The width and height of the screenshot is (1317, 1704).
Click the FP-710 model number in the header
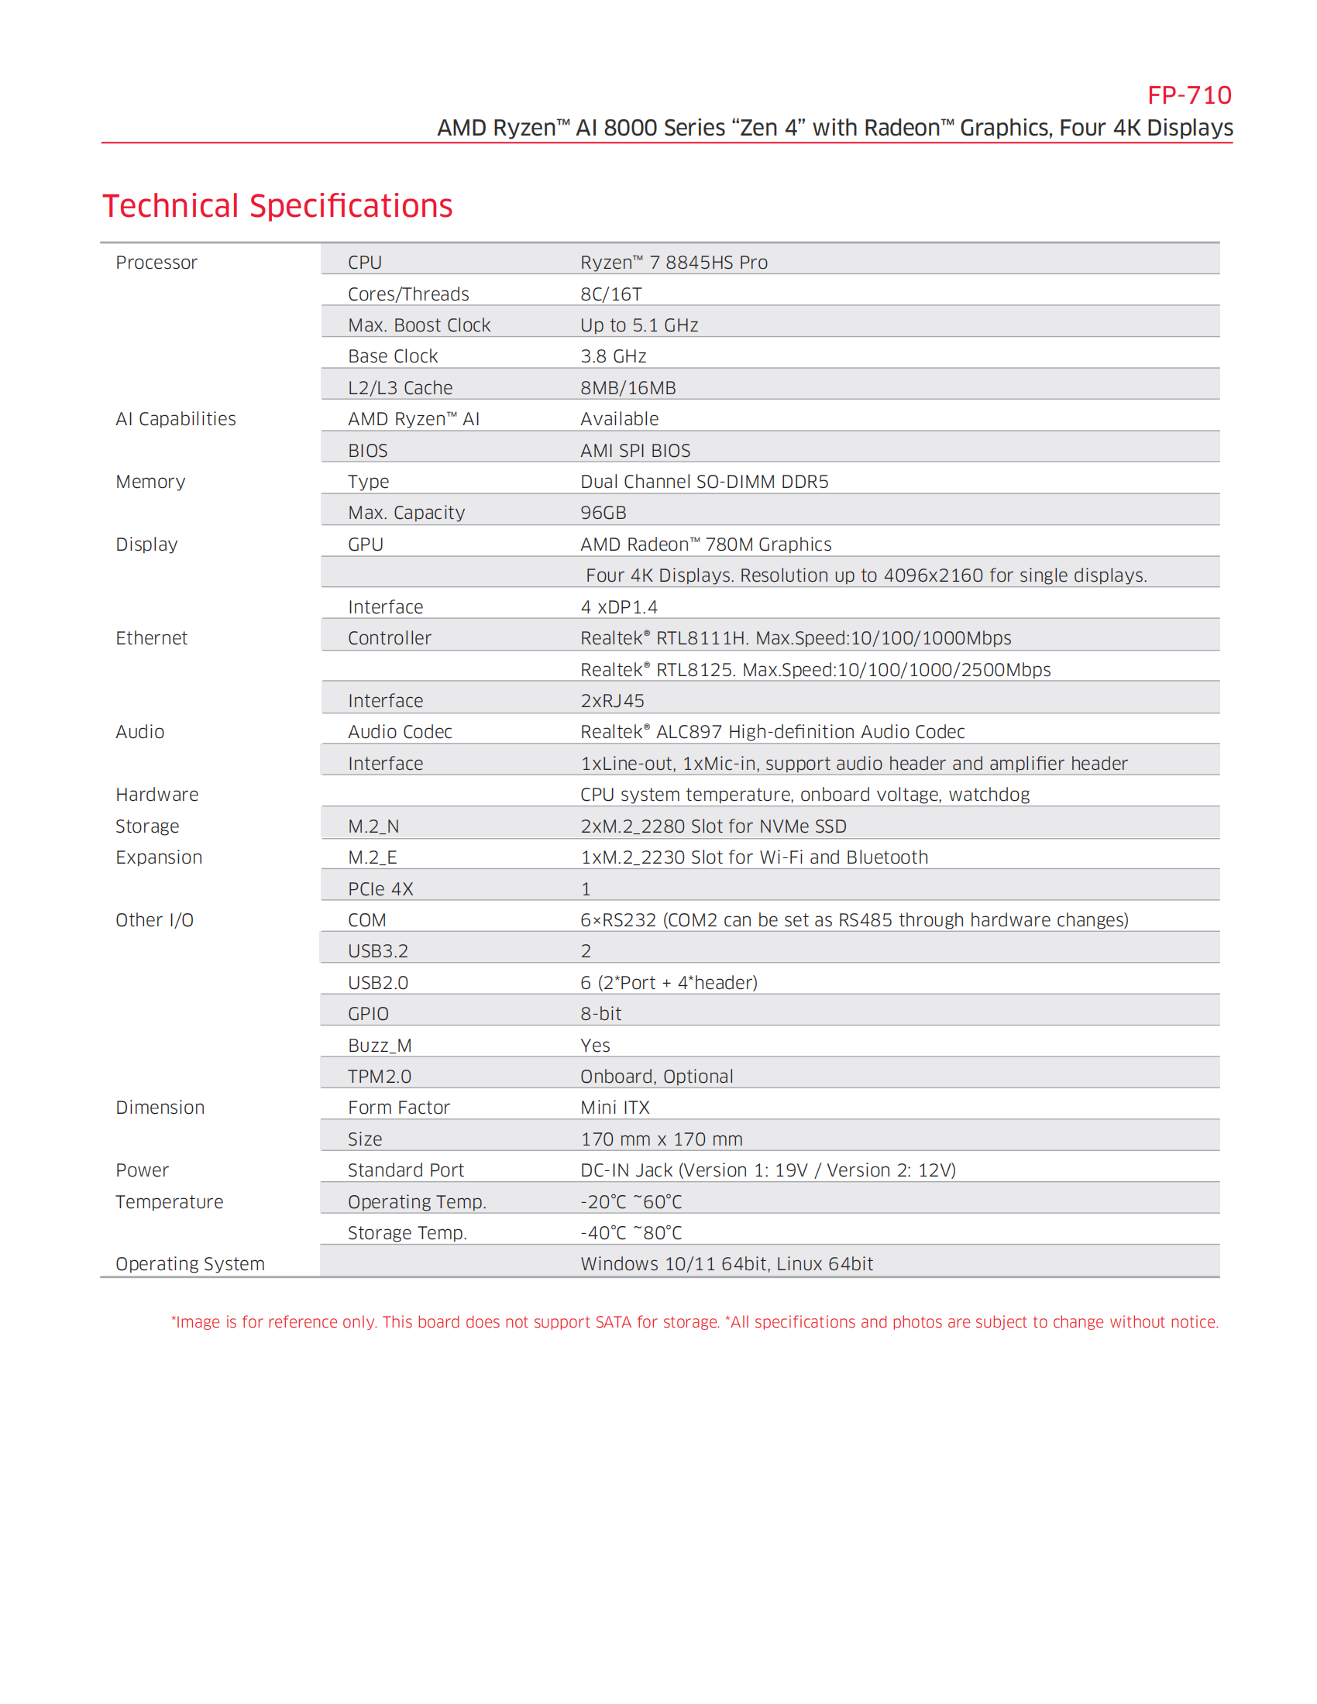(x=1188, y=95)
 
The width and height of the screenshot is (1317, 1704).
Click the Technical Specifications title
(x=277, y=206)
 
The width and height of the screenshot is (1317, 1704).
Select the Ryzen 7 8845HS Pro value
(x=673, y=263)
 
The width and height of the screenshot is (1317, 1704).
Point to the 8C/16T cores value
(x=611, y=294)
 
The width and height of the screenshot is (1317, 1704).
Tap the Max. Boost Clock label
(x=419, y=325)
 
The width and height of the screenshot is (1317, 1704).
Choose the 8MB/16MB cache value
(x=628, y=388)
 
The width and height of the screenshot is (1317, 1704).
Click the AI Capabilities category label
(x=176, y=419)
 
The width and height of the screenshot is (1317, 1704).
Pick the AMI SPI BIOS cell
(x=635, y=451)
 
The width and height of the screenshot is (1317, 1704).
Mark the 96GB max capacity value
(x=603, y=513)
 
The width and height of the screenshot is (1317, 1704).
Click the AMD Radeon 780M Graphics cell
(x=705, y=545)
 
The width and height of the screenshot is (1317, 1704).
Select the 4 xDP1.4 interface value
(x=619, y=607)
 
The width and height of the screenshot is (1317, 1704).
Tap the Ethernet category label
(x=151, y=638)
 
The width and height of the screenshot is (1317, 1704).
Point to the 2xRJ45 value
(x=613, y=701)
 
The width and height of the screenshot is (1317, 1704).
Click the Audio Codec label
(x=400, y=732)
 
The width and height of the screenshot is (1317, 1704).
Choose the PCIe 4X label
(x=380, y=888)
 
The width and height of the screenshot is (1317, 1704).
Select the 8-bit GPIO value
(x=600, y=1014)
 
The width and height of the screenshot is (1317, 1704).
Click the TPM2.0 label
(x=379, y=1077)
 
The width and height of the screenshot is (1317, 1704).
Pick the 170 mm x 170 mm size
(x=662, y=1139)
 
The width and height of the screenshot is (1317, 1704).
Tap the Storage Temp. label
(x=407, y=1233)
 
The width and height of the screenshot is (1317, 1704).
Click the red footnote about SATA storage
(x=694, y=1321)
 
